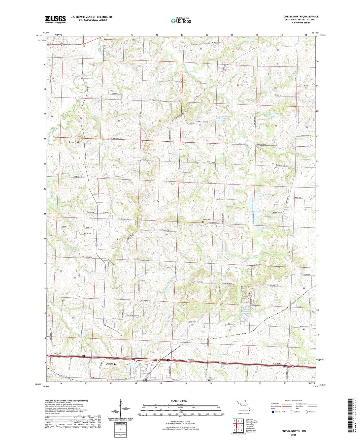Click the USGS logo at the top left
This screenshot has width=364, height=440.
[55, 19]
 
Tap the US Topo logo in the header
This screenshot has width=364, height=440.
[181, 21]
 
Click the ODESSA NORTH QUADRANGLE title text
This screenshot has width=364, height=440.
[301, 17]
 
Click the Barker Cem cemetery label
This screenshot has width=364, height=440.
[206, 219]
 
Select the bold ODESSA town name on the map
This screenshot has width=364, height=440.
[111, 364]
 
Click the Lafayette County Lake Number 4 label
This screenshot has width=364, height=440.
[271, 115]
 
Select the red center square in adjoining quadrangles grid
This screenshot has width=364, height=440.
[238, 425]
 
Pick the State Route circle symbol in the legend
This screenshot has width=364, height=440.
[306, 412]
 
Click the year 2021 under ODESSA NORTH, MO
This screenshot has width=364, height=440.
[293, 435]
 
